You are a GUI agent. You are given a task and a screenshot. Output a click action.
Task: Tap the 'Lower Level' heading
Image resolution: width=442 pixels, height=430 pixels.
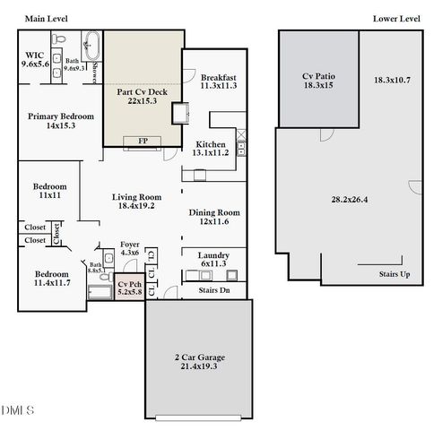pyautogui.click(x=395, y=18)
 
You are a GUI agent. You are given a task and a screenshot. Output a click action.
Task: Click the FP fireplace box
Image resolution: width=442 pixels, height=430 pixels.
pyautogui.click(x=143, y=142)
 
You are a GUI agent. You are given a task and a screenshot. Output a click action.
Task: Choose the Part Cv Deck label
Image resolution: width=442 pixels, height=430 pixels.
pyautogui.click(x=143, y=91)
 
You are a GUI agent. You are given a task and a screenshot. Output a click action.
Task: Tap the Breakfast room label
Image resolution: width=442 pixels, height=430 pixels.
pyautogui.click(x=217, y=77)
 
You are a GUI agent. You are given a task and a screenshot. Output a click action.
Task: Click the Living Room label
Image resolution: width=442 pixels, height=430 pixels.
pyautogui.click(x=136, y=197)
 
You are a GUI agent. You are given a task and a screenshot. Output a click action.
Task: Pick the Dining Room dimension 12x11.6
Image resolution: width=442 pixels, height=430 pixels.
pyautogui.click(x=212, y=221)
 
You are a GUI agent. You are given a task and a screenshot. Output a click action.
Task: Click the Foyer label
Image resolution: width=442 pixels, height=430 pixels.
pyautogui.click(x=131, y=243)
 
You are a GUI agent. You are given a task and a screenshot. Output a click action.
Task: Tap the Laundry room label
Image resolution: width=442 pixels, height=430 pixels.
pyautogui.click(x=212, y=255)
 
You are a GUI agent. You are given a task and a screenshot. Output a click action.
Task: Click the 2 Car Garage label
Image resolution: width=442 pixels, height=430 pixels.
pyautogui.click(x=199, y=357)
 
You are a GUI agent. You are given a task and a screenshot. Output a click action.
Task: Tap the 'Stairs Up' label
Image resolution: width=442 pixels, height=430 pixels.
pyautogui.click(x=393, y=274)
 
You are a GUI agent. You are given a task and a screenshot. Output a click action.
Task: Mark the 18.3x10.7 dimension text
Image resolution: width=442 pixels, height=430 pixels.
pyautogui.click(x=394, y=81)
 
